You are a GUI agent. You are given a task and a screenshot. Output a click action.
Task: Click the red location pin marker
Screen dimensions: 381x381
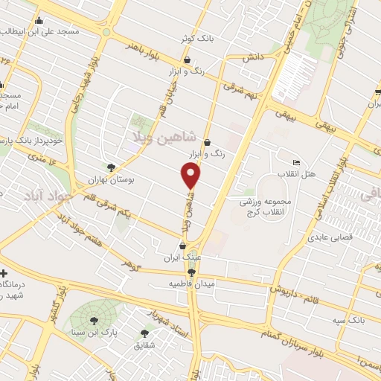[191, 176]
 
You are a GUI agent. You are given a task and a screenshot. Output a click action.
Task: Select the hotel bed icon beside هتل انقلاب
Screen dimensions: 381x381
[297, 162]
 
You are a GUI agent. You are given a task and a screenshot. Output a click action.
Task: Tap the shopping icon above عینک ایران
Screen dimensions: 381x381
[182, 246]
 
